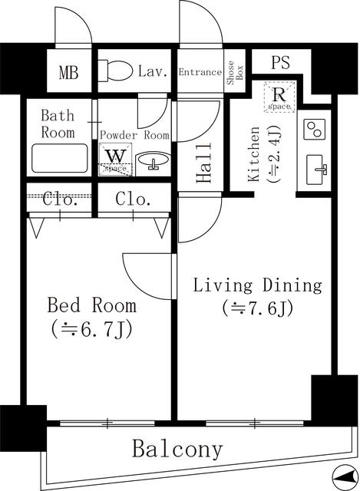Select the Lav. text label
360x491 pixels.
click(x=153, y=72)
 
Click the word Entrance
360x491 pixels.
click(x=200, y=72)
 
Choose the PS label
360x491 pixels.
click(x=280, y=63)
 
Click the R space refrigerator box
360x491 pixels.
click(x=279, y=97)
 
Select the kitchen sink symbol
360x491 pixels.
click(x=315, y=169)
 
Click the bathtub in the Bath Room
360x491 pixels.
click(x=59, y=158)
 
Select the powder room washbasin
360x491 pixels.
click(x=154, y=161)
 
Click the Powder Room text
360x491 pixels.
click(x=134, y=134)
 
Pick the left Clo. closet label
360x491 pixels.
click(x=59, y=200)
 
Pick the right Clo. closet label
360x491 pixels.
click(x=133, y=200)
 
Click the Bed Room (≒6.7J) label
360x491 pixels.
click(x=92, y=318)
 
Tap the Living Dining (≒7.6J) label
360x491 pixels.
click(x=256, y=297)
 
